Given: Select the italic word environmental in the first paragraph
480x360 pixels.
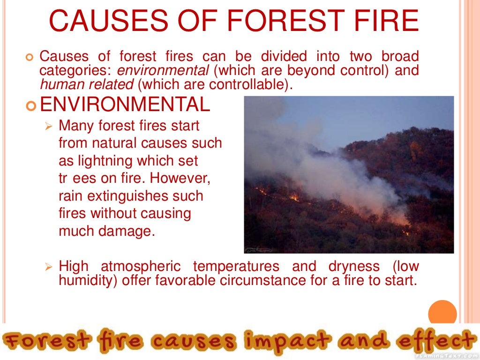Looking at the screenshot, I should coord(163,71).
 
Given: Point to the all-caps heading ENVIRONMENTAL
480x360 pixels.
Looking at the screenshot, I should coord(125,105).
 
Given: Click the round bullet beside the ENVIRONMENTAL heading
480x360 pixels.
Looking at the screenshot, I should coord(31,105).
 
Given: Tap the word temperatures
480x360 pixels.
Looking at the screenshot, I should coord(236,267).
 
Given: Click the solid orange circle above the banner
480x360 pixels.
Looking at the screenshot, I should coord(442,312).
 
